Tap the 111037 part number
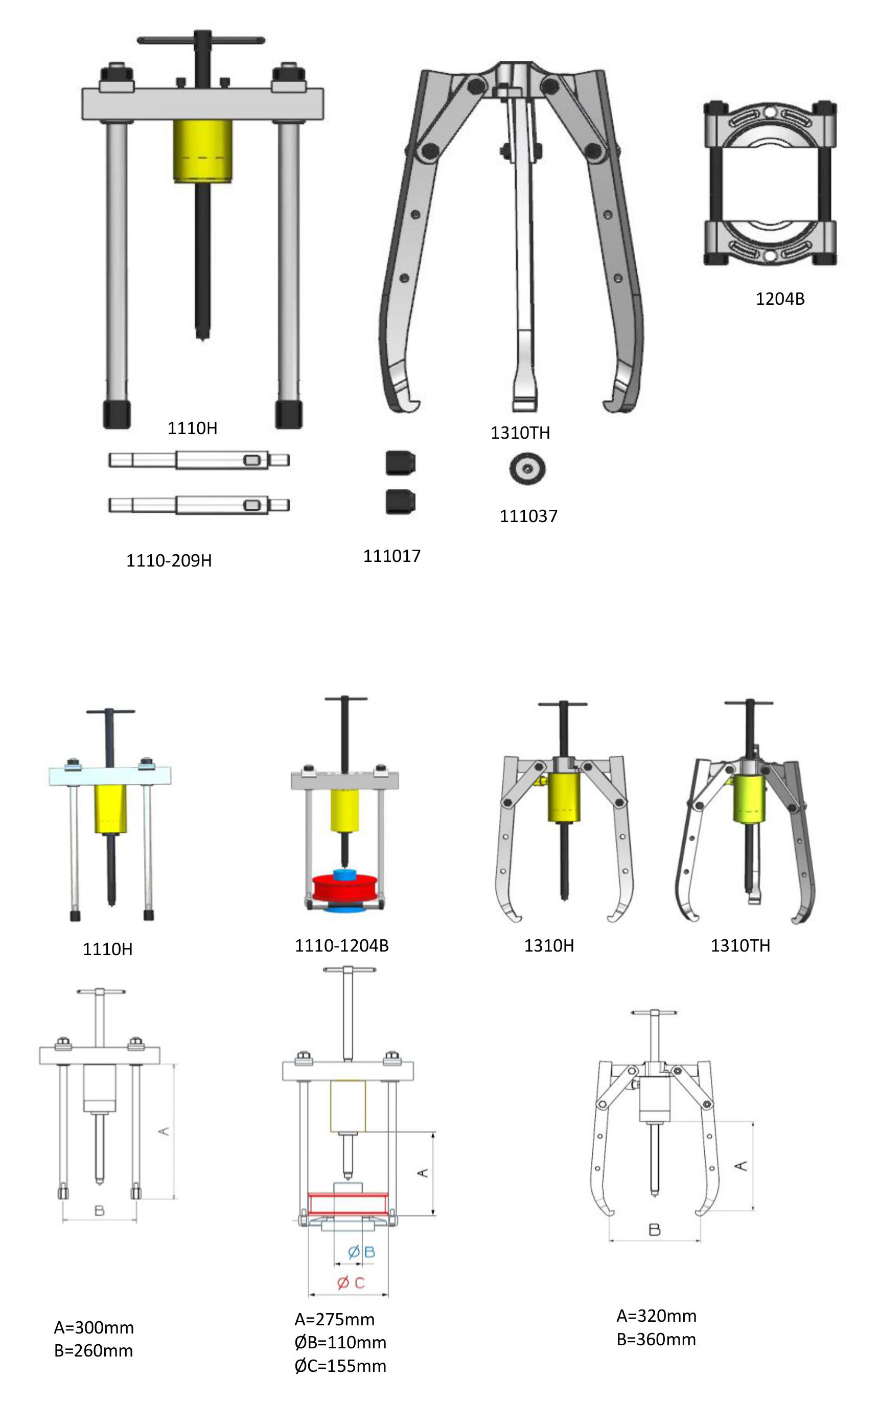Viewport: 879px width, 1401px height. pyautogui.click(x=528, y=516)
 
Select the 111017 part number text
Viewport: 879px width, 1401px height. pyautogui.click(x=392, y=556)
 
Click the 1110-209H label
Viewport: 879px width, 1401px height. pyautogui.click(x=169, y=560)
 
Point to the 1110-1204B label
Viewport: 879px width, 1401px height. pyautogui.click(x=341, y=945)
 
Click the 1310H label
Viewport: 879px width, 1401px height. pyautogui.click(x=549, y=945)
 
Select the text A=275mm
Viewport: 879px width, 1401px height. pyautogui.click(x=334, y=1320)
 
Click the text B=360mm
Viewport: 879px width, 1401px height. pyautogui.click(x=656, y=1339)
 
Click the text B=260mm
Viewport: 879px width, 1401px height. pyautogui.click(x=94, y=1350)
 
